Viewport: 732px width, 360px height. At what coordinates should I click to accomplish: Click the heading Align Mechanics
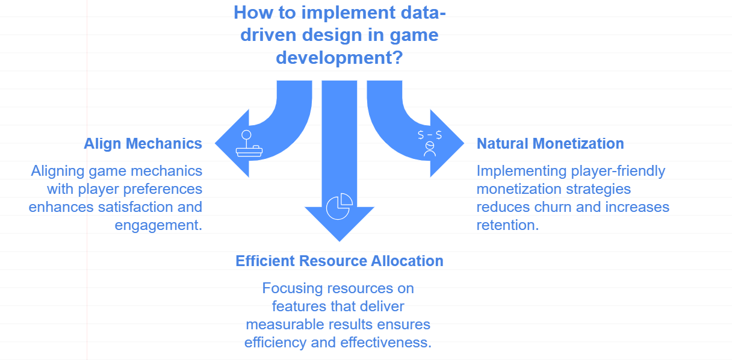[x=143, y=144]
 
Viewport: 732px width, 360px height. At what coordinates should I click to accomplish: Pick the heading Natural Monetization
[x=550, y=144]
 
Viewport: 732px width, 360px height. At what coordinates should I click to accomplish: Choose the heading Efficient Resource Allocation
[x=340, y=261]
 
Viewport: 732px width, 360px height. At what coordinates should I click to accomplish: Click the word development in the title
[x=329, y=58]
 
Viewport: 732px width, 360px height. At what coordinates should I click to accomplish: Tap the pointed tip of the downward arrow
[x=340, y=240]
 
